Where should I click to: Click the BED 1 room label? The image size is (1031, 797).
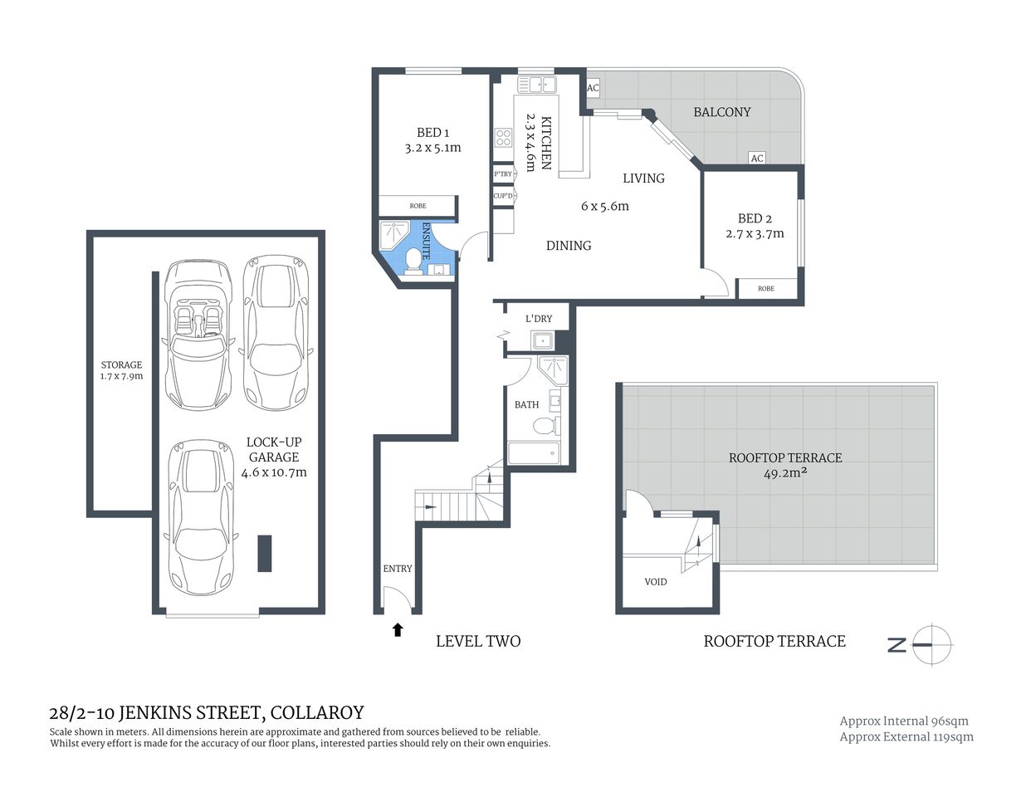pos(432,133)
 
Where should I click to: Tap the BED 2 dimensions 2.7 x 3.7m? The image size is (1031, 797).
pos(755,234)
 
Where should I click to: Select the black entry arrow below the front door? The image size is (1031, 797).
pos(398,629)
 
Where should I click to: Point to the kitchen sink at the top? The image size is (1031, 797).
pos(537,85)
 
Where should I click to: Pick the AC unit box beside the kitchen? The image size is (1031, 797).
pos(593,88)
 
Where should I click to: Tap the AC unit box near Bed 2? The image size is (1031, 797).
pos(756,158)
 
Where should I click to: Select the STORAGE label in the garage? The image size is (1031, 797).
pos(121,364)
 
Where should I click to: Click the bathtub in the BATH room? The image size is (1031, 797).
pos(534,453)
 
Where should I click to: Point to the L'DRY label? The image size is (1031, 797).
pos(539,319)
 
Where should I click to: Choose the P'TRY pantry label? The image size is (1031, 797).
pos(503,174)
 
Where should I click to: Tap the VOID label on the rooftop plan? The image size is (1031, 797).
pos(656,582)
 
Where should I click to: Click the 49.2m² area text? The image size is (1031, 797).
pos(785,474)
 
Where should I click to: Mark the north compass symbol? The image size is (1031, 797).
pos(931,644)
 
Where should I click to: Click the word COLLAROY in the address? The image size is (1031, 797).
pos(317,712)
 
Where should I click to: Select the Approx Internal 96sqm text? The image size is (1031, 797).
pos(904,721)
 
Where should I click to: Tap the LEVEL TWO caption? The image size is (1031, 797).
pos(478,641)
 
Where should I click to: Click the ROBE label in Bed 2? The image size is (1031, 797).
pos(766,289)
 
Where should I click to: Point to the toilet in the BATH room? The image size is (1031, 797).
pos(545,427)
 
